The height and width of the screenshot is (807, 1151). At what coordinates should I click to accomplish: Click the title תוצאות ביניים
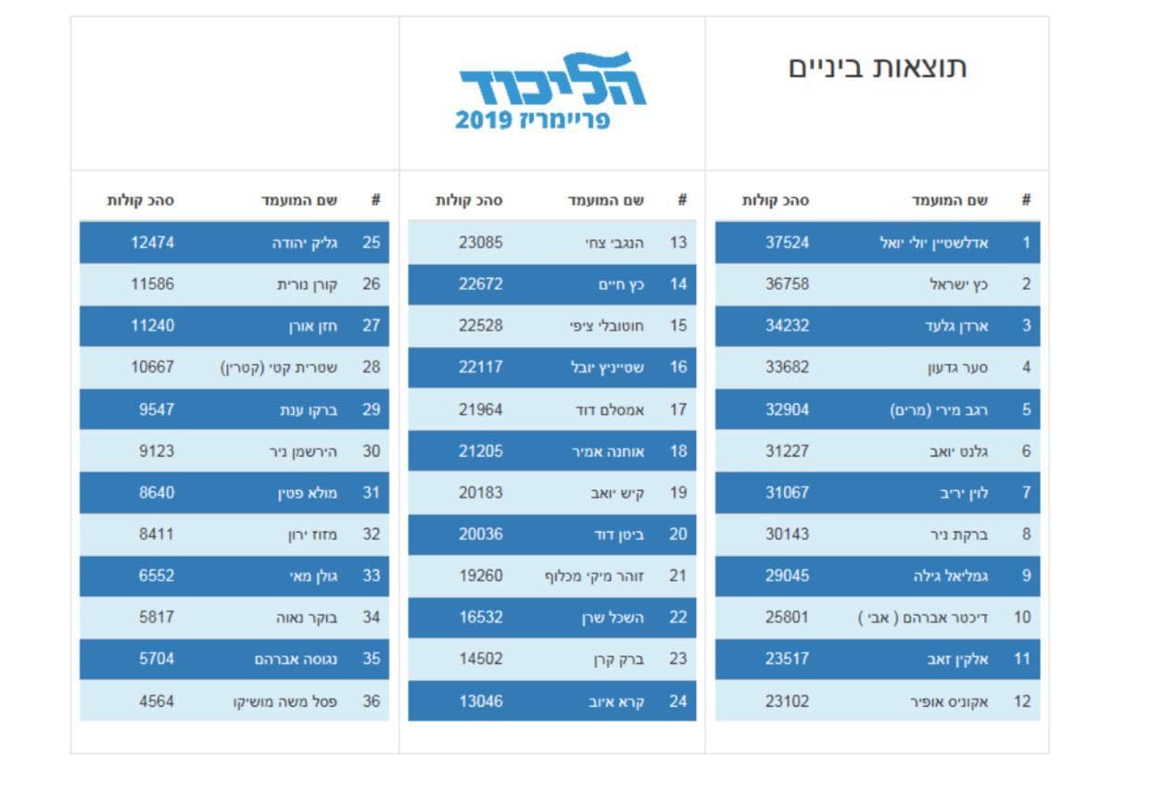(x=878, y=68)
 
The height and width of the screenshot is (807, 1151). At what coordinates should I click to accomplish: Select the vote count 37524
(x=787, y=243)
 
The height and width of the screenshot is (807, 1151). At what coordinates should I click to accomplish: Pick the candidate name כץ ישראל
(x=958, y=284)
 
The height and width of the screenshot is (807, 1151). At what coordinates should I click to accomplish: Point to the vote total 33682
(x=787, y=367)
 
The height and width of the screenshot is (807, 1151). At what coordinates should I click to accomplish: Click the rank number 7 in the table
(x=1026, y=492)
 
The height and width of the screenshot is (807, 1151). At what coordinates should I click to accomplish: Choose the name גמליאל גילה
(x=951, y=575)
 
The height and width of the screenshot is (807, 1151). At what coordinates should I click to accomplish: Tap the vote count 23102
(x=787, y=701)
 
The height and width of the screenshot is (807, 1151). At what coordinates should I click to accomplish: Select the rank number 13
(x=678, y=243)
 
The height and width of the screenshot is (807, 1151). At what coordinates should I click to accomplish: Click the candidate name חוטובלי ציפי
(x=607, y=326)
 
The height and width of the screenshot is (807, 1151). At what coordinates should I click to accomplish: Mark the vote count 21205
(x=481, y=451)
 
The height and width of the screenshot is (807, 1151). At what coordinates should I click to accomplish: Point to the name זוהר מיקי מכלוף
(x=595, y=576)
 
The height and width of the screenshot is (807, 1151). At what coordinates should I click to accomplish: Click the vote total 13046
(x=481, y=701)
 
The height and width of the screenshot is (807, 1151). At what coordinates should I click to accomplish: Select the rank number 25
(x=372, y=243)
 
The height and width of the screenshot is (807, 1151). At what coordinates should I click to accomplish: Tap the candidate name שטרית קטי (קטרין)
(x=279, y=367)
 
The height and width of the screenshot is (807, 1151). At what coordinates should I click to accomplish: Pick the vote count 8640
(x=157, y=492)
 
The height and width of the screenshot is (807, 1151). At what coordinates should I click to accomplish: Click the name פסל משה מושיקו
(x=285, y=701)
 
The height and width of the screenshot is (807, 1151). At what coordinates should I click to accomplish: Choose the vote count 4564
(x=157, y=701)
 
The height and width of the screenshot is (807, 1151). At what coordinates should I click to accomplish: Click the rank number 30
(x=372, y=451)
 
